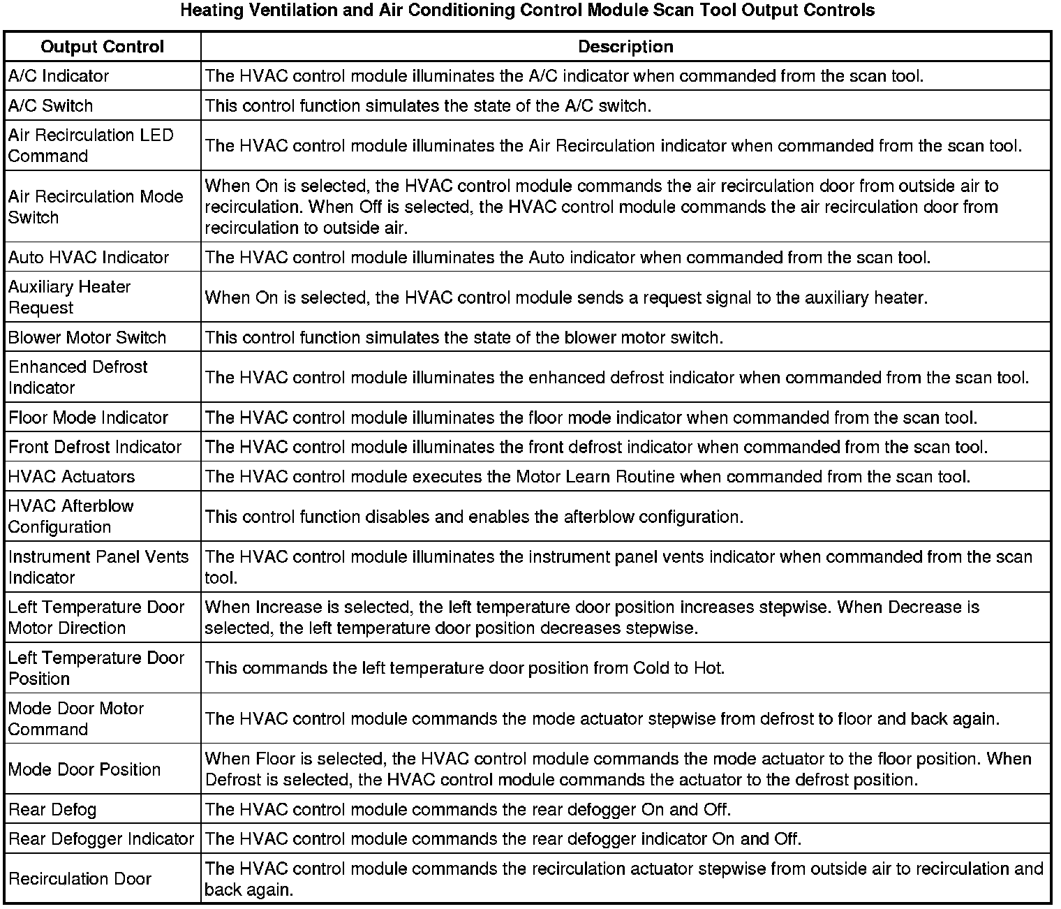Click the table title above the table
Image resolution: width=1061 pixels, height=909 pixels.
coord(527,10)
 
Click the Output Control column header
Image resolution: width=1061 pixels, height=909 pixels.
coord(103,47)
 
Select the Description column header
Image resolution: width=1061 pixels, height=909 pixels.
coord(625,47)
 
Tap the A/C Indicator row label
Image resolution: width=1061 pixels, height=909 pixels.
coord(59,76)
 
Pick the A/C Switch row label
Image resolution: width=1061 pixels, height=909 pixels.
coord(50,106)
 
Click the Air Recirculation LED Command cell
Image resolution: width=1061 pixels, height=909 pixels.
coord(91,145)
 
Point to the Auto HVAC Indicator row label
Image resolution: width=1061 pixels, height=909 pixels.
coord(89,258)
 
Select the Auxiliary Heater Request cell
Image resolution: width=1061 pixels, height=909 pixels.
coord(70,297)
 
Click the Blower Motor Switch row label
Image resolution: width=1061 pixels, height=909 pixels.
coord(87,338)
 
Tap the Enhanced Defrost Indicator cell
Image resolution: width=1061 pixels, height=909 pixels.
coord(78,377)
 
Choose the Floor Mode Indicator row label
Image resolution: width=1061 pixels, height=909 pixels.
coord(89,418)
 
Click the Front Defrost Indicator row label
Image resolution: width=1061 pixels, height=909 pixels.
coord(95,448)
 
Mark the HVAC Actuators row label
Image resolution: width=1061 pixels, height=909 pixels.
coord(71,477)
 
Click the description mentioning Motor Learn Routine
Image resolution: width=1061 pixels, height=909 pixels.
coord(587,477)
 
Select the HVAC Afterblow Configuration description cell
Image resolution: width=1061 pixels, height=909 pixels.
coord(474,517)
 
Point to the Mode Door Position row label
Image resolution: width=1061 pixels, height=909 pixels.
coord(84,769)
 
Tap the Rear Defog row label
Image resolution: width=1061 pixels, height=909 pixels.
coord(52,810)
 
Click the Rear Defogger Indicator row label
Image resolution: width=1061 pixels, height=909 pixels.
coord(101,839)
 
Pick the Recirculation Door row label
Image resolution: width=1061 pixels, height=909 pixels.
coord(80,879)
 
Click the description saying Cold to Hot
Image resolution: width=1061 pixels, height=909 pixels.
coord(465,668)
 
